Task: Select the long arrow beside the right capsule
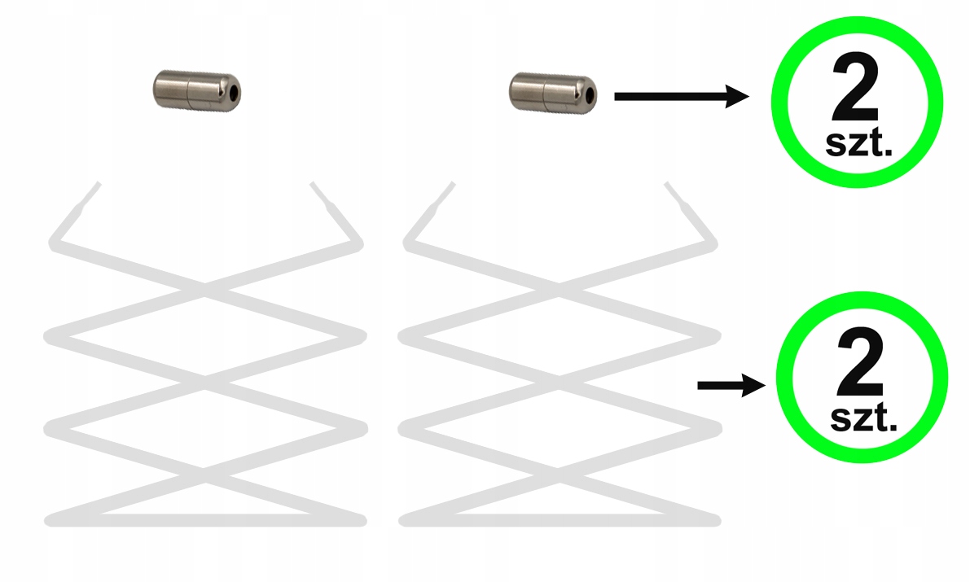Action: point(681,98)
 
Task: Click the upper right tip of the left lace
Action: point(314,187)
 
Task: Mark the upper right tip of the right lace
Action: point(669,187)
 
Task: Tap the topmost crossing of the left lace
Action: point(204,286)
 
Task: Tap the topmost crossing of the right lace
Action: point(560,286)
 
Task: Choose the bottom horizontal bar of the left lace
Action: point(204,519)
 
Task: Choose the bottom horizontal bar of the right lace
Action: point(560,519)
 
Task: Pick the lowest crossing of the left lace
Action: point(204,470)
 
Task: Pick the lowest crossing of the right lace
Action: point(560,470)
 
